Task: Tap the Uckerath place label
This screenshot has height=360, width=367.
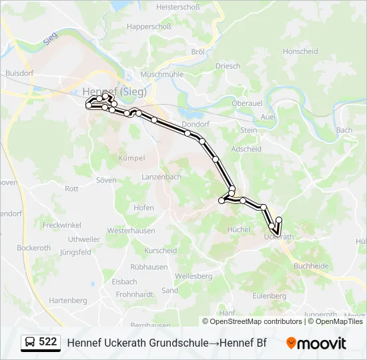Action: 279,237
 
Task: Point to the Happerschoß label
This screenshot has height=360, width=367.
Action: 149,27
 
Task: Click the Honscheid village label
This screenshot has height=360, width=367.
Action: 300,51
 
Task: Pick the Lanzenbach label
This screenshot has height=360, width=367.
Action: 161,177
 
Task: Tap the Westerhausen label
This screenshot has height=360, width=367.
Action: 131,231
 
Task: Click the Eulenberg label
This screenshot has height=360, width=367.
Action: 270,295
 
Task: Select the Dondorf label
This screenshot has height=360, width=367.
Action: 196,124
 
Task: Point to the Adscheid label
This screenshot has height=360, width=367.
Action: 246,149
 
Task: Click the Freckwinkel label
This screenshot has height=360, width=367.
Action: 61,225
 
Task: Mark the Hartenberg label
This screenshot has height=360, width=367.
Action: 68,301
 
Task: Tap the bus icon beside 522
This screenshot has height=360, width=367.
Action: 30,343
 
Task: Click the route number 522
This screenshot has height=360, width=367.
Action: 47,342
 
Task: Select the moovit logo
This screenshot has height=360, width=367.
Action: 316,343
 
